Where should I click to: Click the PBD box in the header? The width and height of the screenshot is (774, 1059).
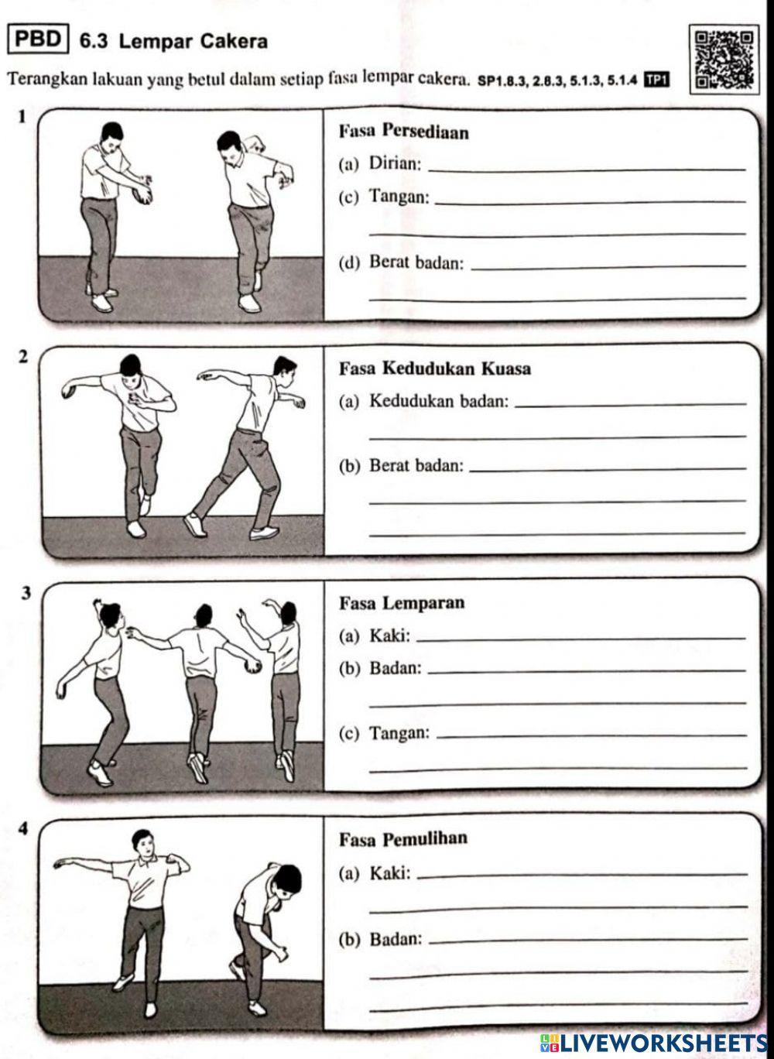(x=39, y=39)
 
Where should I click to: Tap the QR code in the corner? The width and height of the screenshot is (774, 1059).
(x=725, y=60)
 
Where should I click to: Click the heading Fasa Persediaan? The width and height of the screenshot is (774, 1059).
(x=403, y=132)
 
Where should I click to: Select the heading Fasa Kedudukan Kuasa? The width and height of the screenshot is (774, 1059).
(x=435, y=368)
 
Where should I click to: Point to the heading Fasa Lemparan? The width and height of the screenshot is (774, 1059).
(x=402, y=603)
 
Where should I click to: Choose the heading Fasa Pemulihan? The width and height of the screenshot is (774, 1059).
(x=403, y=839)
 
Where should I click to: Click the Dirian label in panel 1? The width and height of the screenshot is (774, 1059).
(x=395, y=163)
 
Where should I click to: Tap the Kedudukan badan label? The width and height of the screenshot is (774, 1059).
(x=439, y=401)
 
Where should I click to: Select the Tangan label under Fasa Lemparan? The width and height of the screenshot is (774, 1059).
(x=399, y=732)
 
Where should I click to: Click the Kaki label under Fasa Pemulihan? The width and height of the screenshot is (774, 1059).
(x=389, y=874)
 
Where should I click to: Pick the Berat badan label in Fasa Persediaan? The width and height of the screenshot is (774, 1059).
(x=416, y=262)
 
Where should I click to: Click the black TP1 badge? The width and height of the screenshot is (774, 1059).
(x=656, y=79)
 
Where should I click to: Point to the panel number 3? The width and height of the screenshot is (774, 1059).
(x=26, y=593)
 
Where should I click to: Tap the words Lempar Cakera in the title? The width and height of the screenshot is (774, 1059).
(x=193, y=41)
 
